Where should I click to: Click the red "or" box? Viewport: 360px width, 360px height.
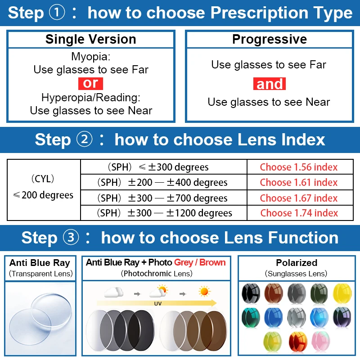(90, 83)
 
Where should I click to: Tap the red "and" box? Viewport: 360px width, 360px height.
(270, 84)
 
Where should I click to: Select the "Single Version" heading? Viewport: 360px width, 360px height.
(90, 39)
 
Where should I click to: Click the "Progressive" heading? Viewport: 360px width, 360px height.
(270, 39)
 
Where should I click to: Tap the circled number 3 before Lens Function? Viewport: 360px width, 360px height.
(72, 238)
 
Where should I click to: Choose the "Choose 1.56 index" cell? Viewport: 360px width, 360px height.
(299, 167)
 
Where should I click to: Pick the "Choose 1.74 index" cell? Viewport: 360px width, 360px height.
(299, 213)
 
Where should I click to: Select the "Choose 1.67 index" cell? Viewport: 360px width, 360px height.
(299, 198)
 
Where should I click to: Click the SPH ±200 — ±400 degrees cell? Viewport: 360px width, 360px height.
(163, 182)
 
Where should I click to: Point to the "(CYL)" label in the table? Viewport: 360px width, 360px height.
(43, 179)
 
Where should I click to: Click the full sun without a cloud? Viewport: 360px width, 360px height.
(205, 291)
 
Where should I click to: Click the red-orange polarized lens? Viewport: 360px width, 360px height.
(297, 341)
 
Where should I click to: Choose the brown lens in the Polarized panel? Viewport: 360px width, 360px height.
(273, 292)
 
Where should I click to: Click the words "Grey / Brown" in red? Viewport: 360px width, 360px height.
(200, 262)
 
